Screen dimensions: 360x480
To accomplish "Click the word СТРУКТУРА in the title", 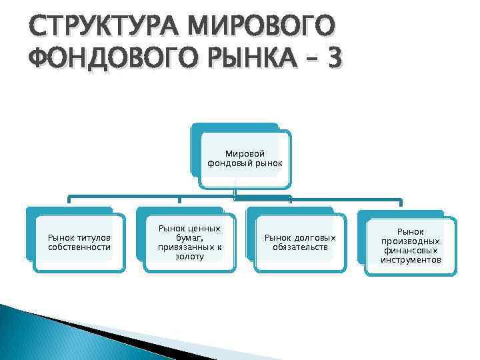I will click(x=95, y=27).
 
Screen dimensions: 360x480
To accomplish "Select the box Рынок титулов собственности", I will click(x=79, y=243).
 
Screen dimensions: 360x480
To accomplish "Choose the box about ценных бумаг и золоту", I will click(x=189, y=243).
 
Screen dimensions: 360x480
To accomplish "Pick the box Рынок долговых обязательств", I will click(x=300, y=243).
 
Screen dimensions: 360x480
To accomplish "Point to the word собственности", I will click(x=79, y=247).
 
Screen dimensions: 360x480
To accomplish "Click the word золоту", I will click(x=189, y=257).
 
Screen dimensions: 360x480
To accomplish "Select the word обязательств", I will click(x=300, y=247).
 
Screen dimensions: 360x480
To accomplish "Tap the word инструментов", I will click(x=411, y=259).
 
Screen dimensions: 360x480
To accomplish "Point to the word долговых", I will click(x=316, y=238).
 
